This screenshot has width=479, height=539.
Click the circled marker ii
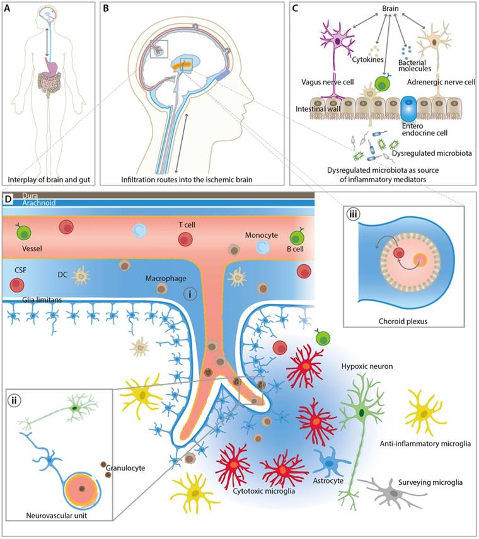[14, 400]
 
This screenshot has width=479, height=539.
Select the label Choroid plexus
[407, 321]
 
